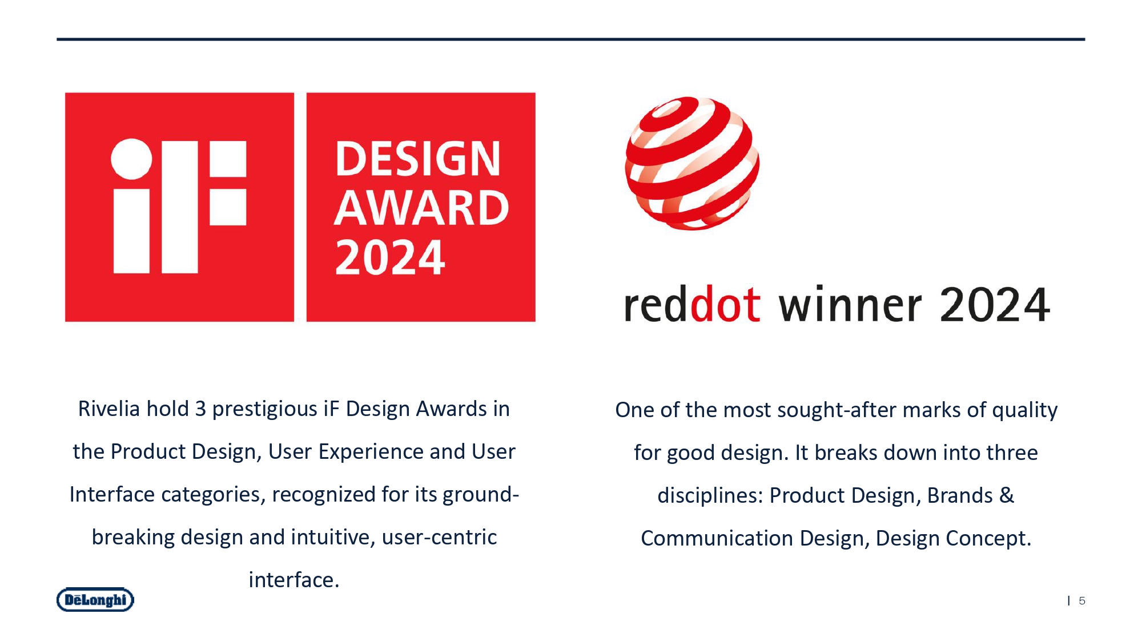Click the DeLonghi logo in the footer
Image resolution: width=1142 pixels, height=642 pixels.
point(95,600)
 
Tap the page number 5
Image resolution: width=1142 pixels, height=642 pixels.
point(1081,601)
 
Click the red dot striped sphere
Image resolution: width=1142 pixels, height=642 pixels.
point(692,163)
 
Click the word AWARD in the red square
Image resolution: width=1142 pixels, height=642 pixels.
point(421,208)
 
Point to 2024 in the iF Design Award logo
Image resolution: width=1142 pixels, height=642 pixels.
point(390,257)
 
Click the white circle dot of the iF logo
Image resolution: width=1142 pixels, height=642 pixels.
point(131,159)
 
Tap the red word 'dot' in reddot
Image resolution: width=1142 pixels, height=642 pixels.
point(725,304)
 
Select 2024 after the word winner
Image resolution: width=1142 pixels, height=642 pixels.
point(994,304)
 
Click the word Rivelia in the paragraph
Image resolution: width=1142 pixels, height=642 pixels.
point(109,409)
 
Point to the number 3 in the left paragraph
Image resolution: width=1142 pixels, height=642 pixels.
point(200,409)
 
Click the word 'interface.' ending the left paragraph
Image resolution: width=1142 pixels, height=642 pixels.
point(294,580)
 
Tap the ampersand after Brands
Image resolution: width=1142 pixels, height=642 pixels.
point(1007,495)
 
